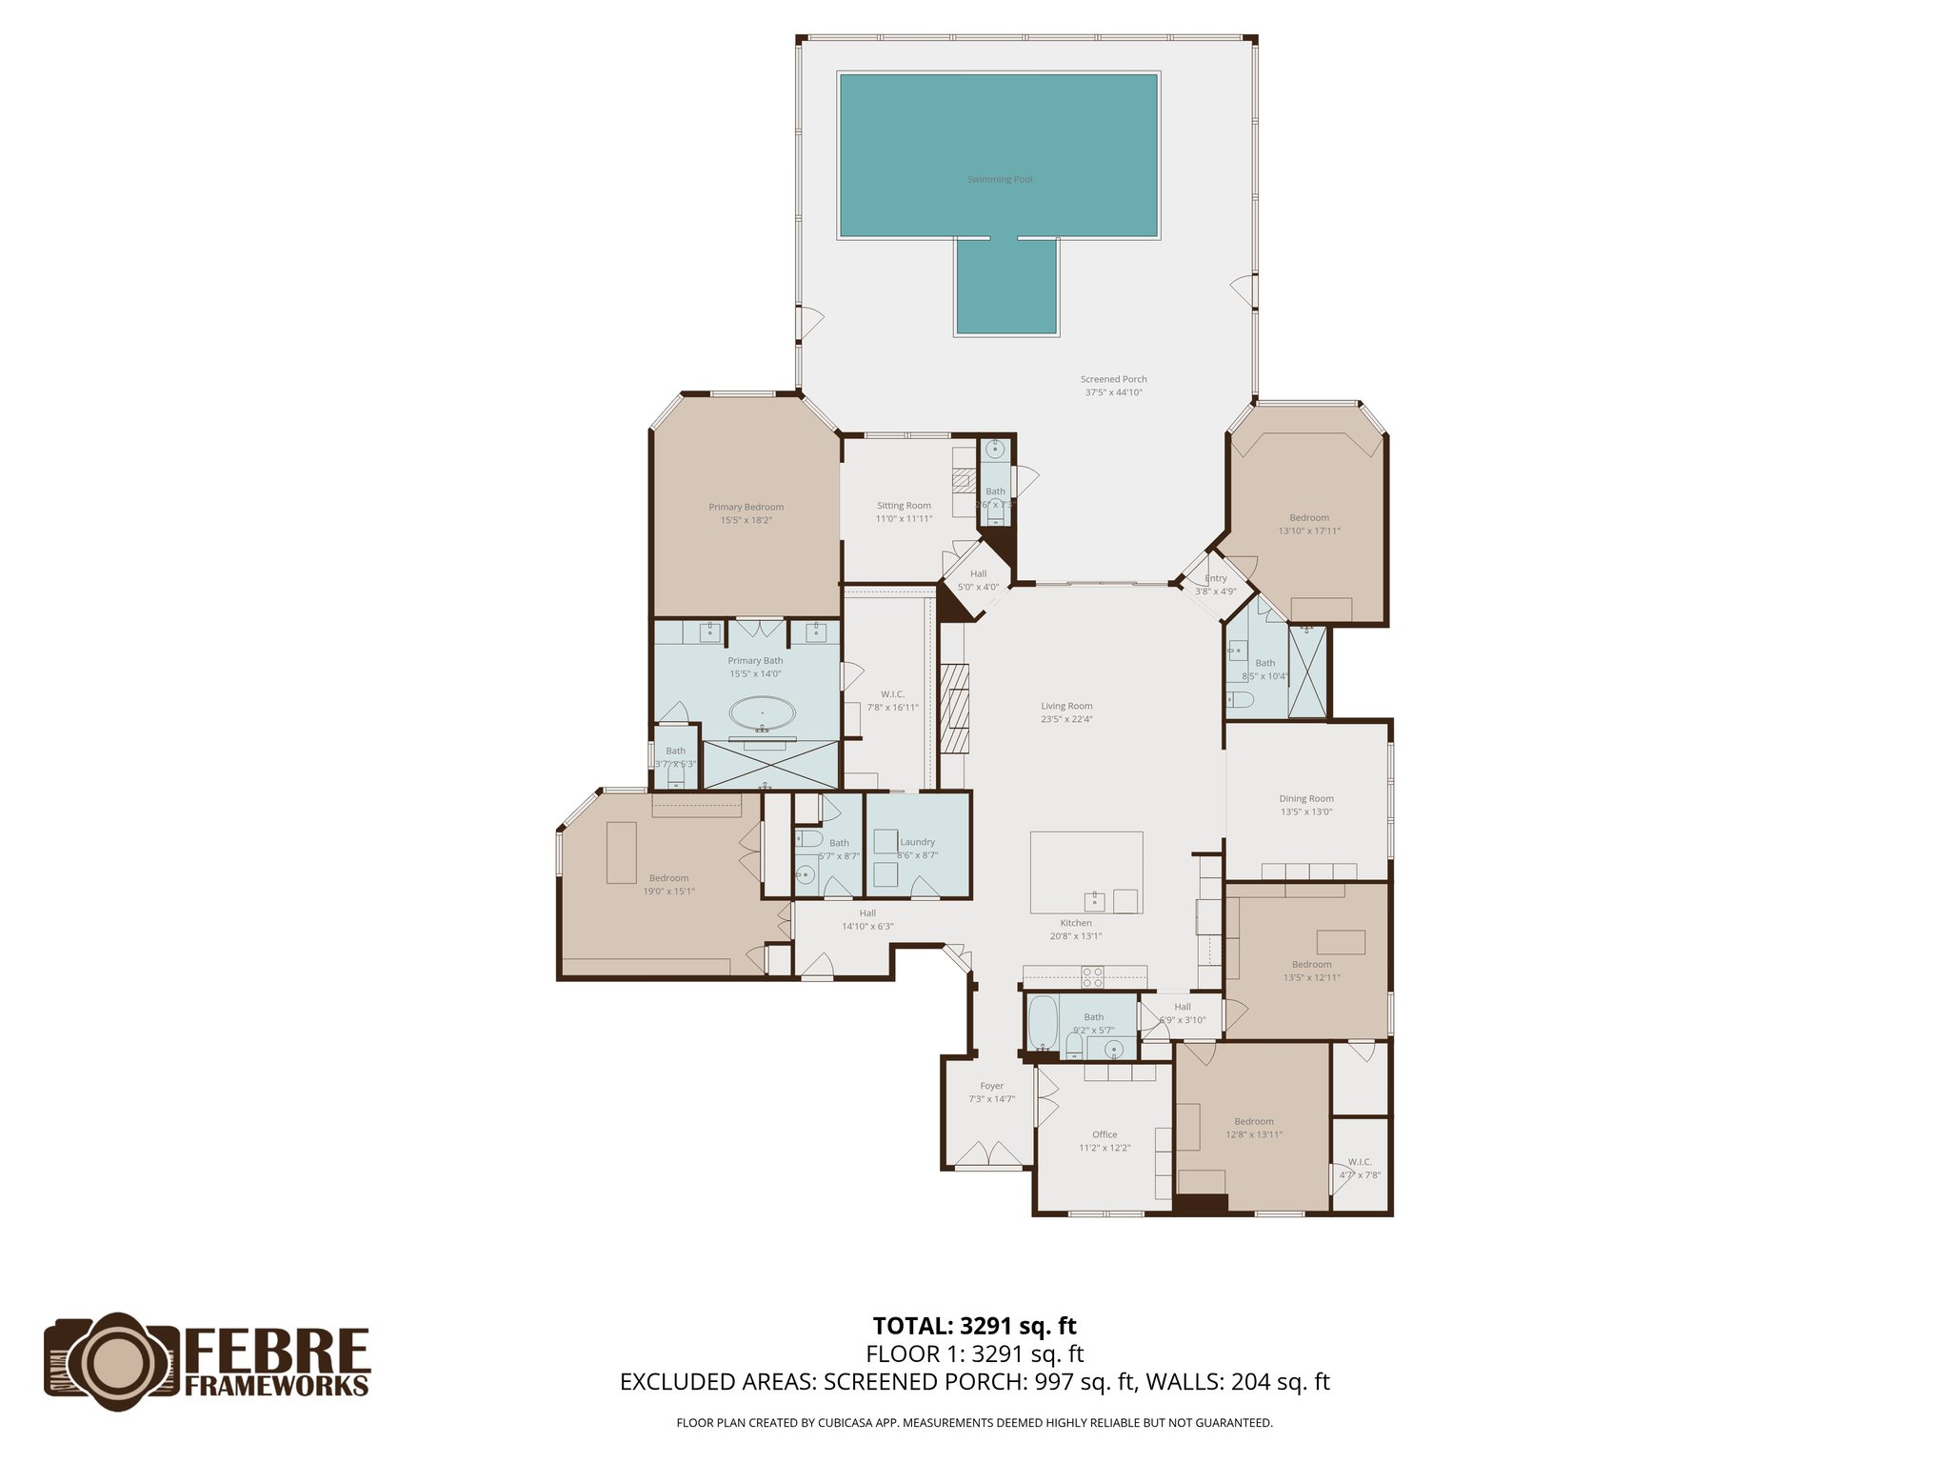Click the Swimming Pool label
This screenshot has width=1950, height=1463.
pos(1000,179)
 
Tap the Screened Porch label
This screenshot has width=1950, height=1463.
pos(1113,386)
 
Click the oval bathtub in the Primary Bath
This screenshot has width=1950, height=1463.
pos(762,713)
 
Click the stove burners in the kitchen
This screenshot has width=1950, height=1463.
pos(1092,976)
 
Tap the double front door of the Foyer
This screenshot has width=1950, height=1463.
pos(990,1154)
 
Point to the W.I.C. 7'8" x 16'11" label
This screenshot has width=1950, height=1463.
pos(892,700)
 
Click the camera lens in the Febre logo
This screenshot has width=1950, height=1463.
pos(112,1362)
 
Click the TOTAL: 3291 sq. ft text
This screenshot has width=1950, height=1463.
pos(974,1326)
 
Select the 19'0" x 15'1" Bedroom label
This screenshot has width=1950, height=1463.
pos(668,885)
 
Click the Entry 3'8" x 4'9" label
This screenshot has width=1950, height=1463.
pos(1216,584)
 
